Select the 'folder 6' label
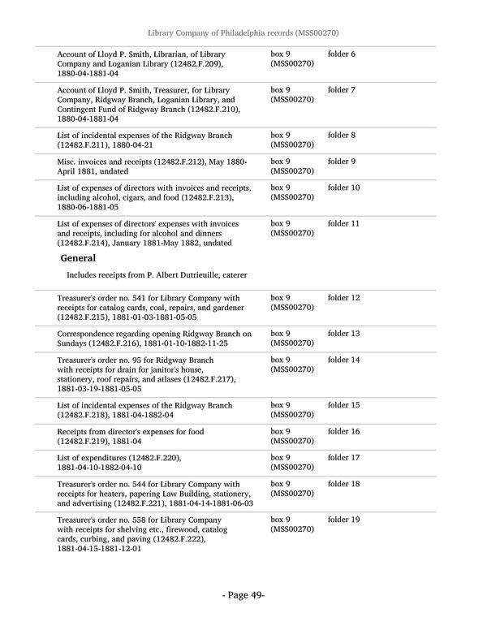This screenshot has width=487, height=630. point(342,54)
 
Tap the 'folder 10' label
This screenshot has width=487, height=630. point(343,188)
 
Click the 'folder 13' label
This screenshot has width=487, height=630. point(343,334)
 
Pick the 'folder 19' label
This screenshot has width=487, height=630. point(343,519)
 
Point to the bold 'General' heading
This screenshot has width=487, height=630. point(79,258)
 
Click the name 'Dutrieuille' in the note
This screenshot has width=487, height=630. point(200,275)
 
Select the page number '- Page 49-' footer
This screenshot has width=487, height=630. point(243,595)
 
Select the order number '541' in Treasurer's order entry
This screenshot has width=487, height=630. point(129,298)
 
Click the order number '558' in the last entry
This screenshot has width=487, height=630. point(129,519)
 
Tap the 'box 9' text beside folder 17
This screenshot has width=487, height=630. point(280,457)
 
